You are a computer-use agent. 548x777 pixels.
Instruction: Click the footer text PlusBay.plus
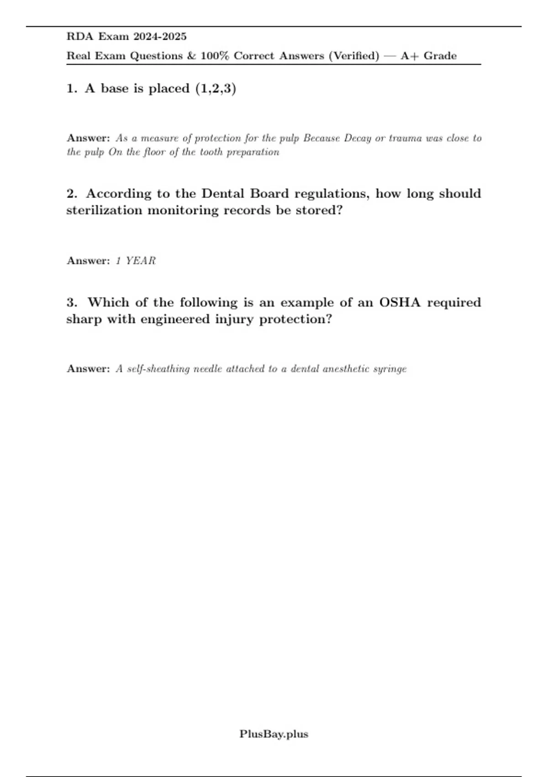tap(274, 734)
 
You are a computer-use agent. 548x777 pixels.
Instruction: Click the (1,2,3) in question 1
tap(216, 88)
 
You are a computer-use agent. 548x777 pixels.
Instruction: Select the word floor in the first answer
tap(153, 152)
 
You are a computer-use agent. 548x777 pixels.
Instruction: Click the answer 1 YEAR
tap(136, 261)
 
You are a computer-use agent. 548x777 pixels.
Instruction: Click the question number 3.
tap(72, 303)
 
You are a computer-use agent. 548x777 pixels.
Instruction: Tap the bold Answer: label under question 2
tap(88, 261)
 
